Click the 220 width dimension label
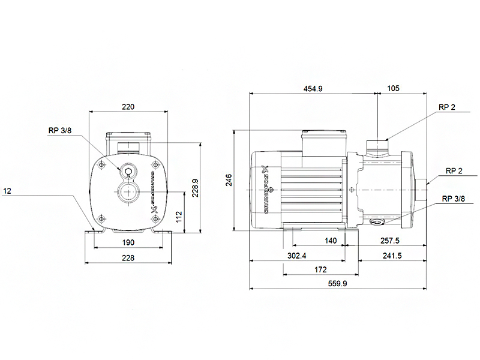[128, 107]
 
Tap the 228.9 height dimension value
[195, 188]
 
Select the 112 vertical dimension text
[179, 217]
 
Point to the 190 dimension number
[128, 242]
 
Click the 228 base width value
[128, 258]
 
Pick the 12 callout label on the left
[7, 191]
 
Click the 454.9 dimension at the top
[313, 89]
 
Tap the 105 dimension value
[394, 88]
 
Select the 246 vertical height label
[229, 180]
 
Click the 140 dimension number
[331, 241]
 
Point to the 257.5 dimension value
[389, 241]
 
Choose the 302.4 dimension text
[296, 256]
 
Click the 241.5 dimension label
[392, 256]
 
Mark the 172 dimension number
[320, 269]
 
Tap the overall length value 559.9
[338, 284]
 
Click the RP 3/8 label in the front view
[60, 131]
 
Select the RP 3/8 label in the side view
[454, 199]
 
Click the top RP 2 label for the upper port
[446, 107]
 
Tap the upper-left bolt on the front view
[101, 166]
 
